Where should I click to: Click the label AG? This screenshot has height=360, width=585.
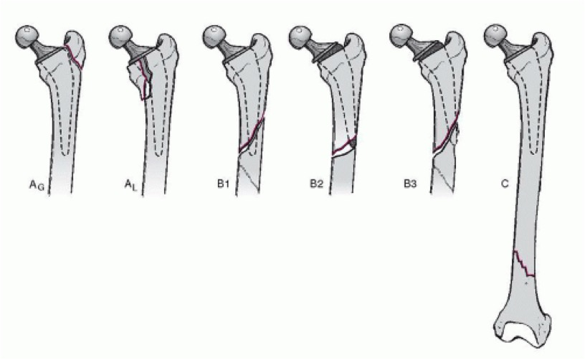(37, 186)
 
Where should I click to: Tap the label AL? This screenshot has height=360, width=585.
(130, 186)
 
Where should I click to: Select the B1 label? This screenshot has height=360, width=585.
(223, 184)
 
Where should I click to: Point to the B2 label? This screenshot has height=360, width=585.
(316, 184)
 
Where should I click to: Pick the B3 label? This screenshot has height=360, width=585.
(410, 184)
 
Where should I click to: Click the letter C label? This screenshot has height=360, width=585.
(505, 184)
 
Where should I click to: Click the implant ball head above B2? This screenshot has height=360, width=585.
(300, 37)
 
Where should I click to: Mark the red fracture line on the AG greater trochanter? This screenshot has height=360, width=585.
(75, 57)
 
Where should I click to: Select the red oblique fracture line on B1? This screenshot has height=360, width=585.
(252, 133)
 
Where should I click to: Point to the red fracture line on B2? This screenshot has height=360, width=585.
(344, 146)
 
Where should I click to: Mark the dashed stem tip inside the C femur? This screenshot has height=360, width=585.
(534, 151)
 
